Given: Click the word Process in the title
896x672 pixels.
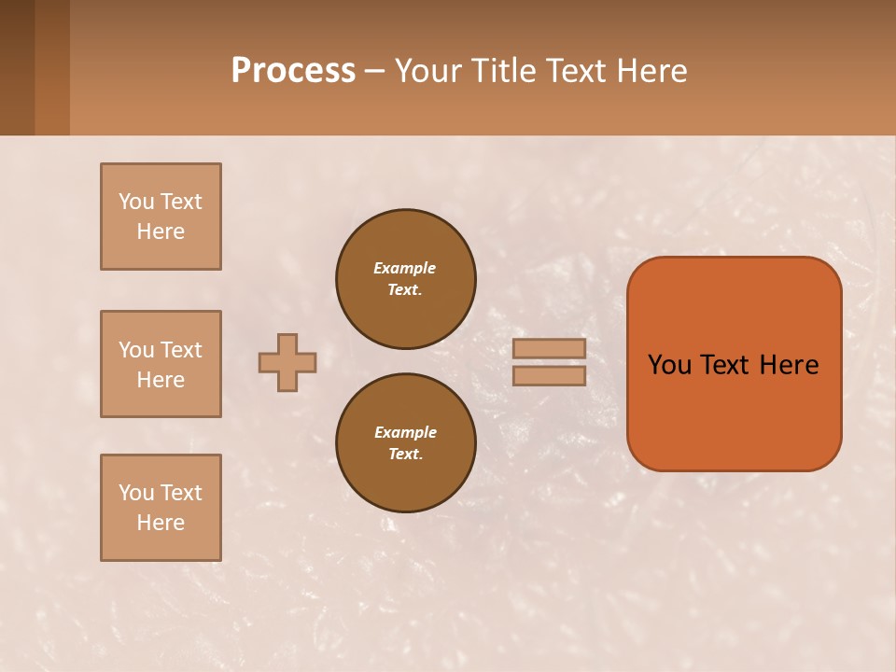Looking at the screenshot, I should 293,71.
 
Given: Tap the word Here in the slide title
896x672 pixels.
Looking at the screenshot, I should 651,71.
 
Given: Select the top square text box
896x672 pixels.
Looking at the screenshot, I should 161,217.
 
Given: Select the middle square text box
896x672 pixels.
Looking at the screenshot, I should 161,364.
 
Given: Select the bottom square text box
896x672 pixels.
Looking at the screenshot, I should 161,508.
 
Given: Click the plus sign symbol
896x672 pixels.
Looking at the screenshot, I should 287,362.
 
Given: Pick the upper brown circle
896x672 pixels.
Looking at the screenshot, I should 406,279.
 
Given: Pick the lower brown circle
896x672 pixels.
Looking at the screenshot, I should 406,443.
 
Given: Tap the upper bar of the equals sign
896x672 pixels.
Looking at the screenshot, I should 550,348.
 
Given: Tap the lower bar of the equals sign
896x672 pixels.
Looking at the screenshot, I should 550,376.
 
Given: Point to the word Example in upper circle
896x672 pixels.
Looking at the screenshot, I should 404,268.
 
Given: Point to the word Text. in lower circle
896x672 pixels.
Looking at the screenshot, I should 405,455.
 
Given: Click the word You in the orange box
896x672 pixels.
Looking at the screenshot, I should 669,365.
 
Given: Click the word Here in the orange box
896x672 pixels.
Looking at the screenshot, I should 789,365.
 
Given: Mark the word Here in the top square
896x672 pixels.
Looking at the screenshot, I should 161,231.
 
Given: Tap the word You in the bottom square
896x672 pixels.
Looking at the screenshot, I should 136,493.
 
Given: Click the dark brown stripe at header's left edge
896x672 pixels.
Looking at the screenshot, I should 17,67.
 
